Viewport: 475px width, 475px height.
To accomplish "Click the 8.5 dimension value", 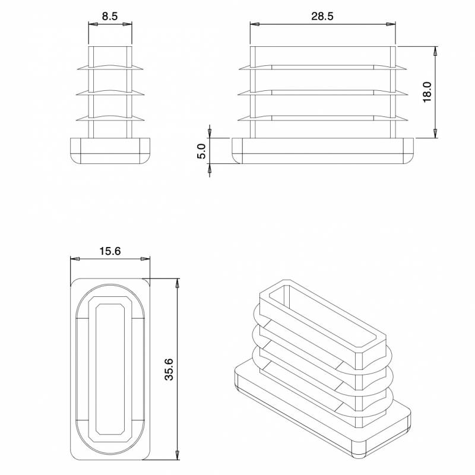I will pyautogui.click(x=109, y=17).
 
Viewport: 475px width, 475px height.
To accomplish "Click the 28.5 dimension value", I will pyautogui.click(x=322, y=17).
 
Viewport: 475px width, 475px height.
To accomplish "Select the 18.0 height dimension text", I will pyautogui.click(x=427, y=92).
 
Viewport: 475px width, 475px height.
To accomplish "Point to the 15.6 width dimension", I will pyautogui.click(x=110, y=251).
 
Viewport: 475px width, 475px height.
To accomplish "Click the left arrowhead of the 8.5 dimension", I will pyautogui.click(x=91, y=24).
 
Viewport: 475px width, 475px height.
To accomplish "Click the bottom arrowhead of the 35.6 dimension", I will pyautogui.click(x=177, y=454).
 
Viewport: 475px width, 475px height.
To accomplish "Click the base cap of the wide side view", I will pyautogui.click(x=324, y=151).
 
